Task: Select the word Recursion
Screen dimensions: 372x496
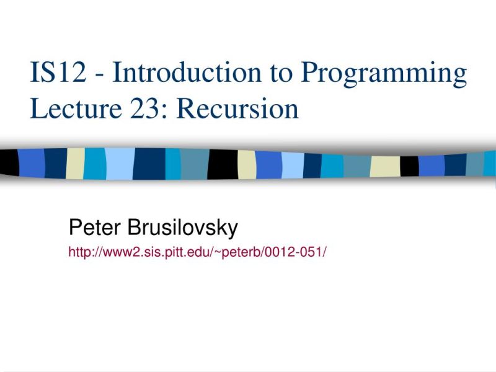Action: (239, 109)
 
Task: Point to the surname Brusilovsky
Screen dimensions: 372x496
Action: (183, 228)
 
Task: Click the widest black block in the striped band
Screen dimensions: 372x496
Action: (222, 164)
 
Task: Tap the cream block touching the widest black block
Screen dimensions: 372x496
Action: (247, 164)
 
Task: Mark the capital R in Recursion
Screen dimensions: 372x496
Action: (187, 109)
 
